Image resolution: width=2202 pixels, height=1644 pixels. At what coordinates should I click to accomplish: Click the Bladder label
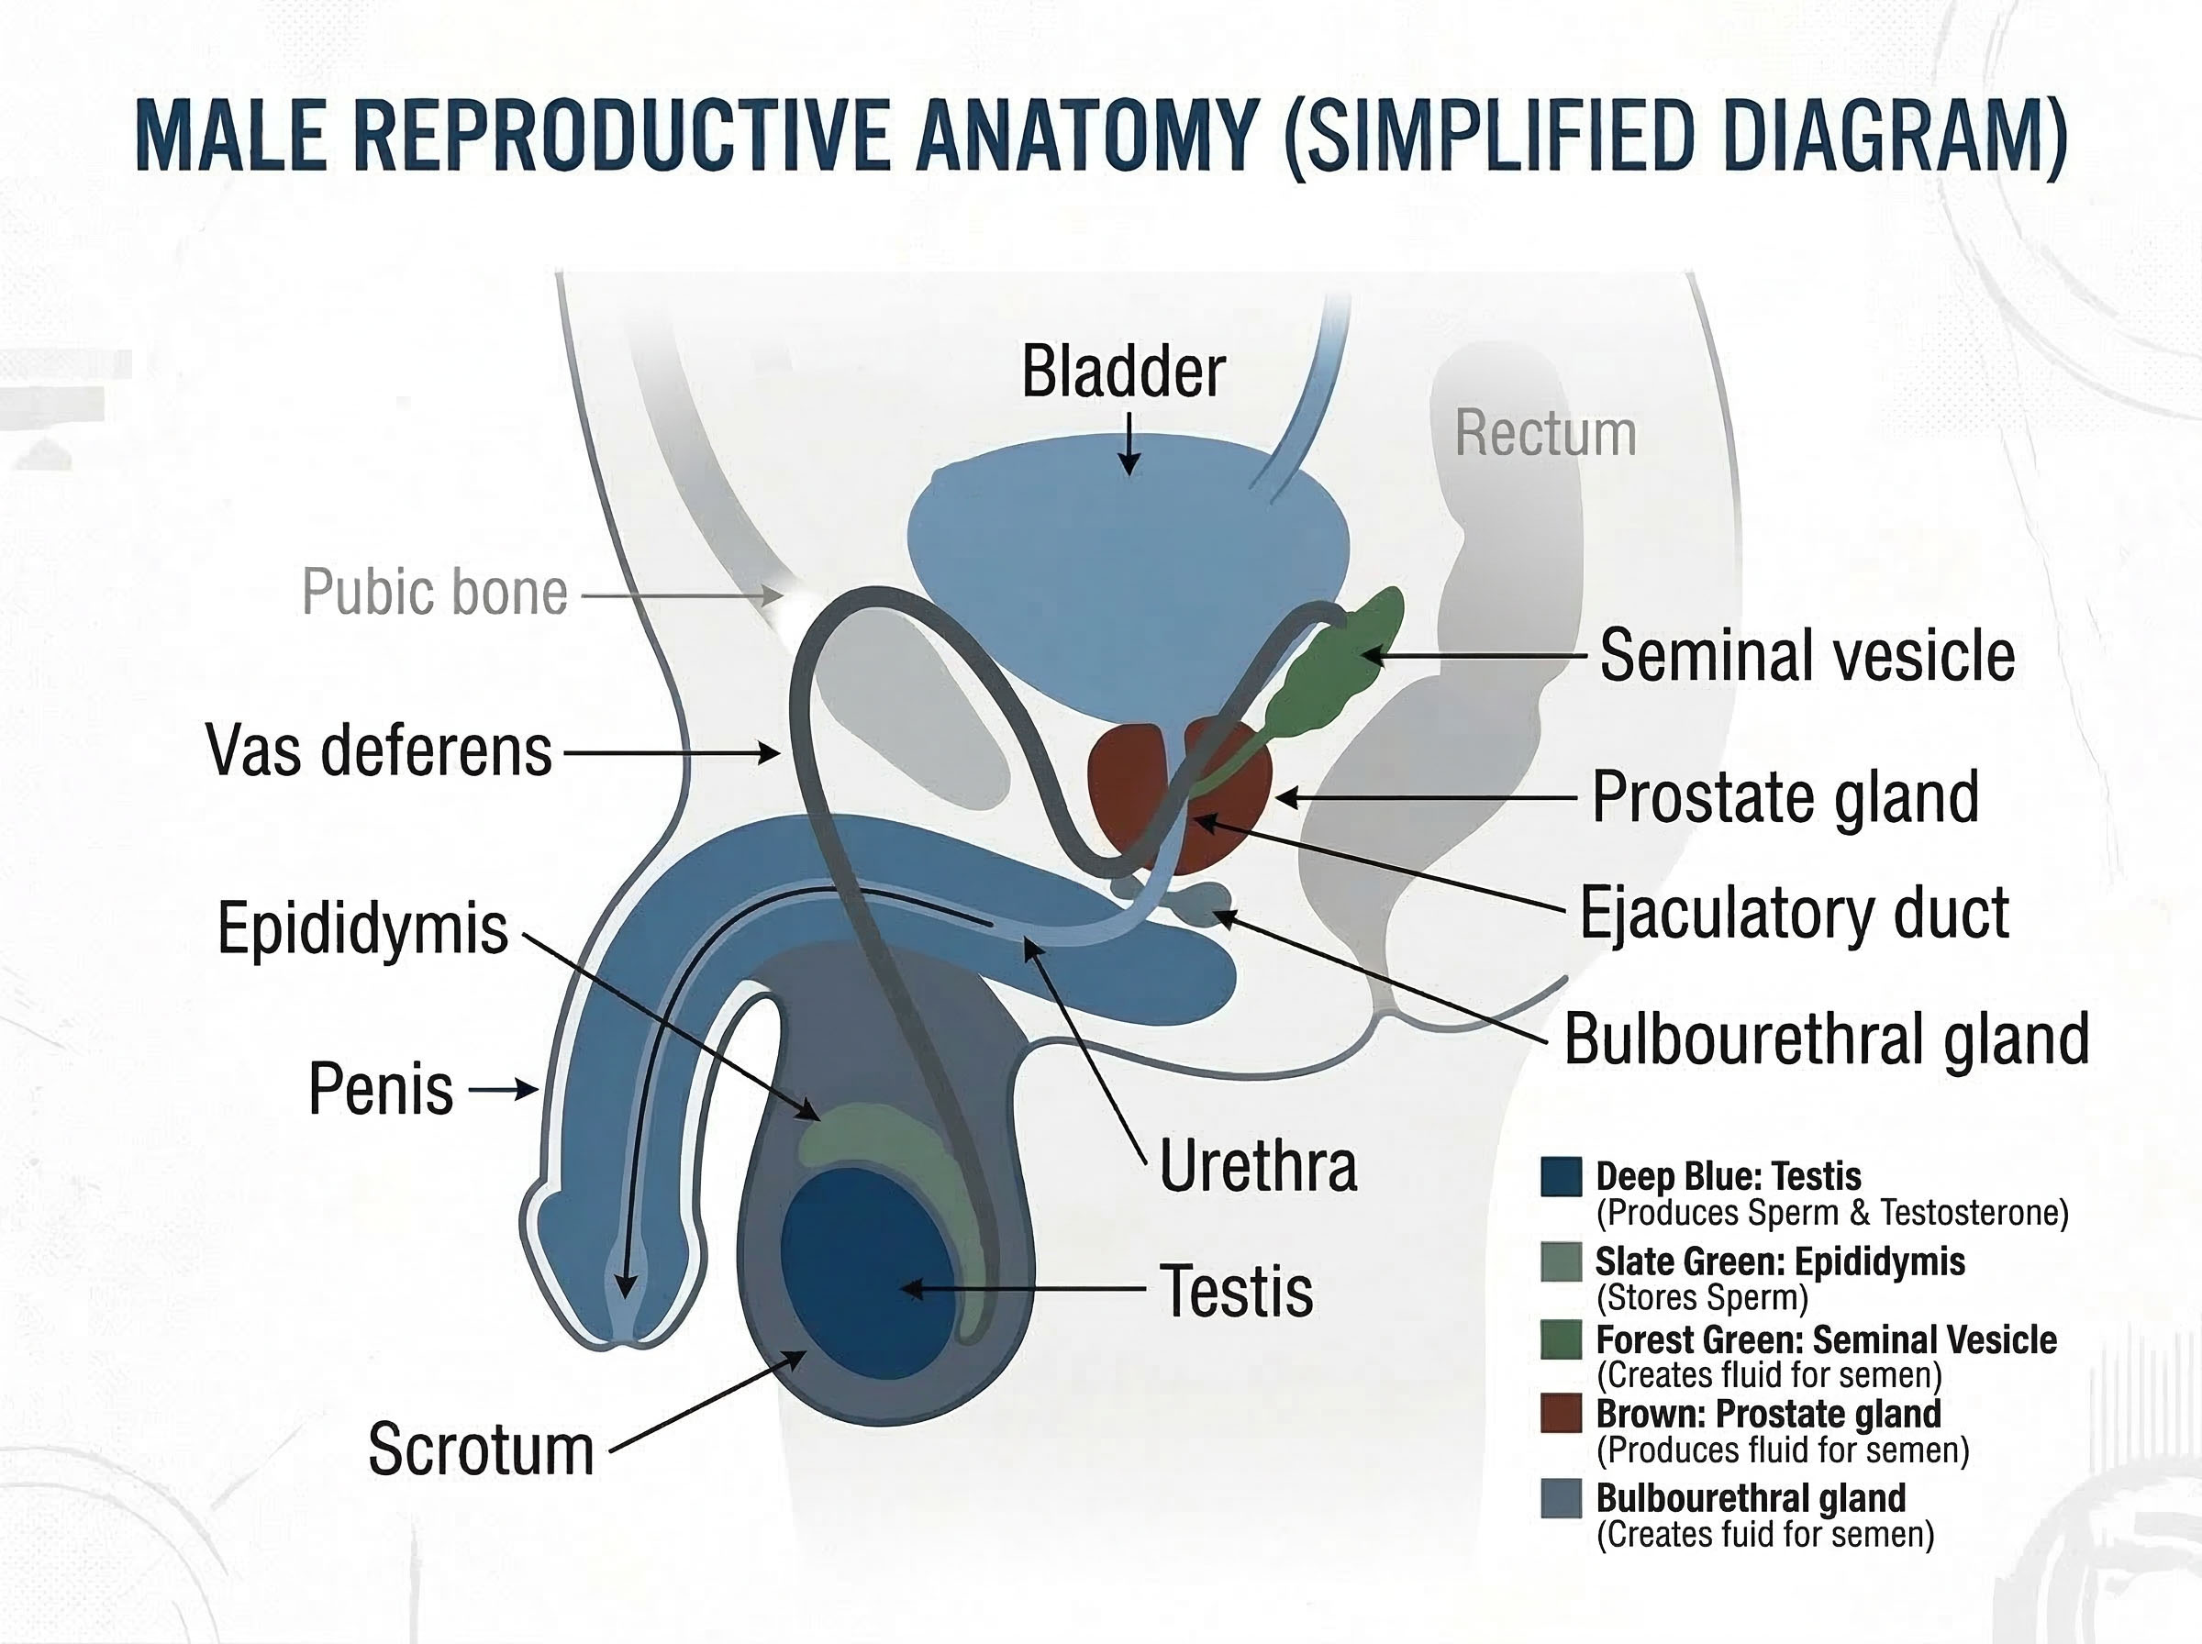click(x=1122, y=372)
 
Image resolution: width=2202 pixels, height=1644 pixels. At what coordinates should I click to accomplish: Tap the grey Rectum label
click(x=1545, y=434)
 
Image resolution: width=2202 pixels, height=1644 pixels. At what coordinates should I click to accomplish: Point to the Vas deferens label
click(x=379, y=751)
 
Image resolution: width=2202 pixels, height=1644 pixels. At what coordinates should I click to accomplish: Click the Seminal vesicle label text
click(x=1807, y=656)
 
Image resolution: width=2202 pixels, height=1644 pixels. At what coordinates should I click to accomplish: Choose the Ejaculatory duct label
click(x=1794, y=914)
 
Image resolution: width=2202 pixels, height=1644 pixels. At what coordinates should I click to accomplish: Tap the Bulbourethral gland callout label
click(x=1826, y=1039)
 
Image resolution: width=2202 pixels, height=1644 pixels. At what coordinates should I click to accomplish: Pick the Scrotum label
click(x=482, y=1450)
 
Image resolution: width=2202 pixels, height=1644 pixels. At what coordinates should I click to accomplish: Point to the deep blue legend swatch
click(x=1560, y=1176)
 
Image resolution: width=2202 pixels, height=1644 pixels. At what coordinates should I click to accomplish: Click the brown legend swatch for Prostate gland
click(x=1560, y=1414)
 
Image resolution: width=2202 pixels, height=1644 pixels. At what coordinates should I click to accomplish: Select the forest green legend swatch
click(x=1560, y=1339)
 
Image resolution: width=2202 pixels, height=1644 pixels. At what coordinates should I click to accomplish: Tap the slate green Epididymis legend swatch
click(x=1560, y=1261)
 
